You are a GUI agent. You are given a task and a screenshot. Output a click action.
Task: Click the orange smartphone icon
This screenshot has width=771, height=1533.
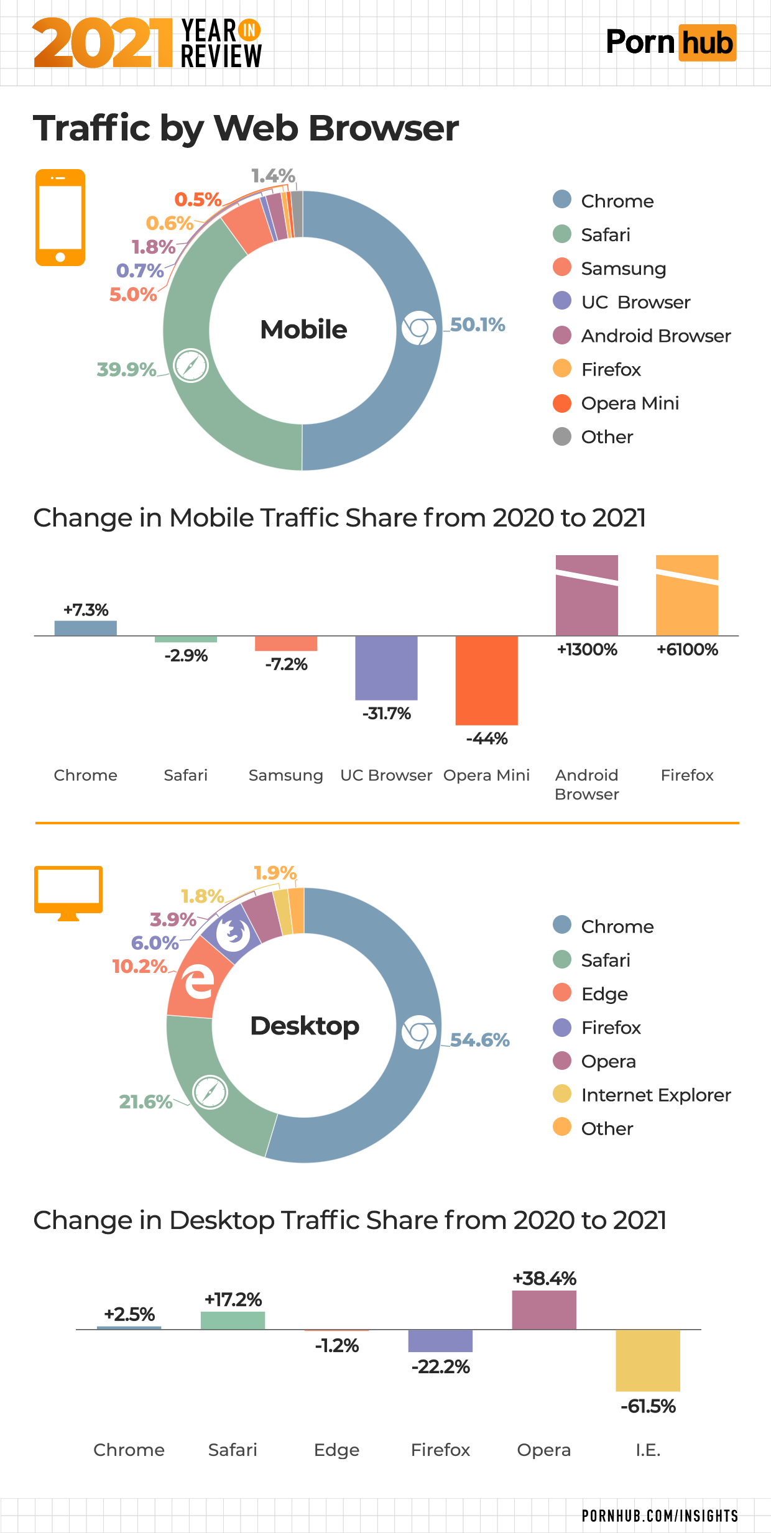point(60,218)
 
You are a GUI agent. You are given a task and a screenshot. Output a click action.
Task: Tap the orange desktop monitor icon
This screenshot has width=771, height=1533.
point(68,893)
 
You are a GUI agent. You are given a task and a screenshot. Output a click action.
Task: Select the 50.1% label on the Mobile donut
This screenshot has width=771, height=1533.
point(478,325)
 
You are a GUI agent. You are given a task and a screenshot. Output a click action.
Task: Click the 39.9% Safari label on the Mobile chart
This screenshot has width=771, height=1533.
point(126,369)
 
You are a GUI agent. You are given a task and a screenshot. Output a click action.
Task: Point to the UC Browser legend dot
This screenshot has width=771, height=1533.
point(562,302)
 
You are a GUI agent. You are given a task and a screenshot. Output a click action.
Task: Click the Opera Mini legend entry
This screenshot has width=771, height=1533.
point(629,403)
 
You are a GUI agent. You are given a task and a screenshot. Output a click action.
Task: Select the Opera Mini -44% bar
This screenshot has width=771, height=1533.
point(486,680)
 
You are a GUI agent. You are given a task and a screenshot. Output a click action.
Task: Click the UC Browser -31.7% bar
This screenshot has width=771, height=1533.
point(386,668)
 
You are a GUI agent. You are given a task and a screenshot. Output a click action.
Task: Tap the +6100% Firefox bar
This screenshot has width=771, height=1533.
point(687,595)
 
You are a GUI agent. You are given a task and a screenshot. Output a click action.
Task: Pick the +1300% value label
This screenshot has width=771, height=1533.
point(587,650)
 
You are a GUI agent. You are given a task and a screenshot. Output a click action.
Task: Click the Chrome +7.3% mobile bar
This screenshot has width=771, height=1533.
point(86,628)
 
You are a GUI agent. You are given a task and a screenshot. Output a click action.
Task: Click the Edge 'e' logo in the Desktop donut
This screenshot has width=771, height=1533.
point(198,982)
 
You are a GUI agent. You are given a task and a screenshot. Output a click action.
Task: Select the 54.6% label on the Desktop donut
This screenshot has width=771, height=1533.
point(479,1039)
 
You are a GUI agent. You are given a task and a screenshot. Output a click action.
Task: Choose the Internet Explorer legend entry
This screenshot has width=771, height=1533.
point(655,1095)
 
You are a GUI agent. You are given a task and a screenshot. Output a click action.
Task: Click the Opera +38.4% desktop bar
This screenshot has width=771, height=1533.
point(544,1310)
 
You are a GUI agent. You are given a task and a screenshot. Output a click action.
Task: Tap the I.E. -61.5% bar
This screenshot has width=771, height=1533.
point(648,1360)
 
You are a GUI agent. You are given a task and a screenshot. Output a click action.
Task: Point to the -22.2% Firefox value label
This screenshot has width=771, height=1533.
point(440,1367)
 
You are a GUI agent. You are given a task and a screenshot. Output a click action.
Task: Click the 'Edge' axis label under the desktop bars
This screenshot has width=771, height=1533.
point(336,1450)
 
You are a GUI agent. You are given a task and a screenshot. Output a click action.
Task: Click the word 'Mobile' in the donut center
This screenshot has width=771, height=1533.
point(303,329)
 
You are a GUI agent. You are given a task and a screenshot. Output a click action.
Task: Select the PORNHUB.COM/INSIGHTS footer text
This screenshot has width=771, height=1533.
point(660,1516)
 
